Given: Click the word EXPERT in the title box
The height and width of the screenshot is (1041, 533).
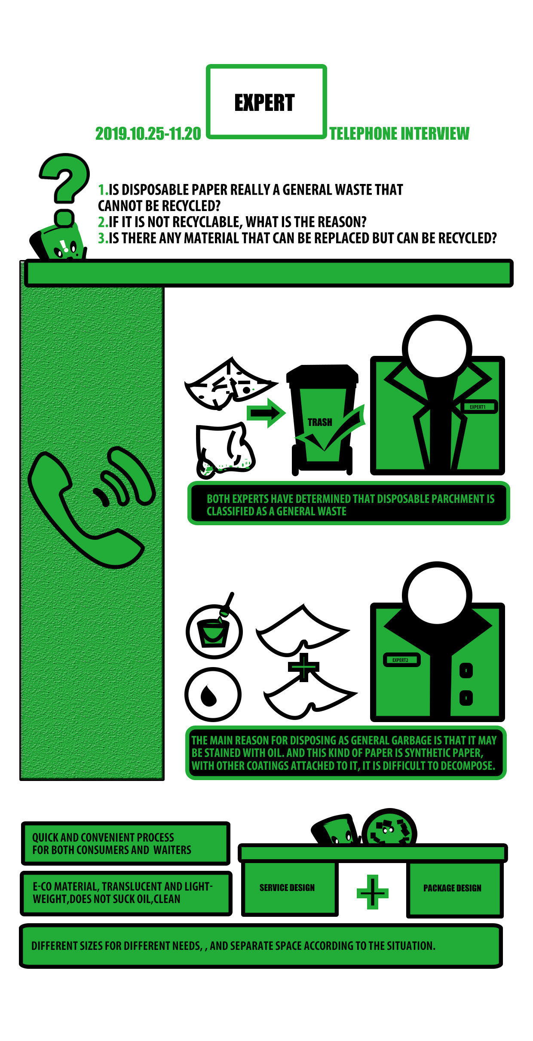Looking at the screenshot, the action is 264,103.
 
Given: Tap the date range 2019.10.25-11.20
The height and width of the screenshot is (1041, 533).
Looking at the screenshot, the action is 148,134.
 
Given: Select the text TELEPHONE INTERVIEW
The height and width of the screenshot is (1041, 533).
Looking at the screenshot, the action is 399,134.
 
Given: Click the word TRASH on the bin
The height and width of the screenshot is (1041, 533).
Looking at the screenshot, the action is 320,423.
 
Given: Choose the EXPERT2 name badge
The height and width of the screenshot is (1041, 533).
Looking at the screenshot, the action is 401,660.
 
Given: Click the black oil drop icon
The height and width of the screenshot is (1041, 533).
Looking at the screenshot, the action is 209,695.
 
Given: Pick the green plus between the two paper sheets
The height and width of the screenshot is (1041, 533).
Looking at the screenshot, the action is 303,667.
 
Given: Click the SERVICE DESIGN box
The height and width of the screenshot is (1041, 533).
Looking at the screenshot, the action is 289,888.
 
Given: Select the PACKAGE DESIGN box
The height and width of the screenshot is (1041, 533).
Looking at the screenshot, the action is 455,888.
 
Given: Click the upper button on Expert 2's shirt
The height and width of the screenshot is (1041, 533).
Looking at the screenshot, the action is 466,670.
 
